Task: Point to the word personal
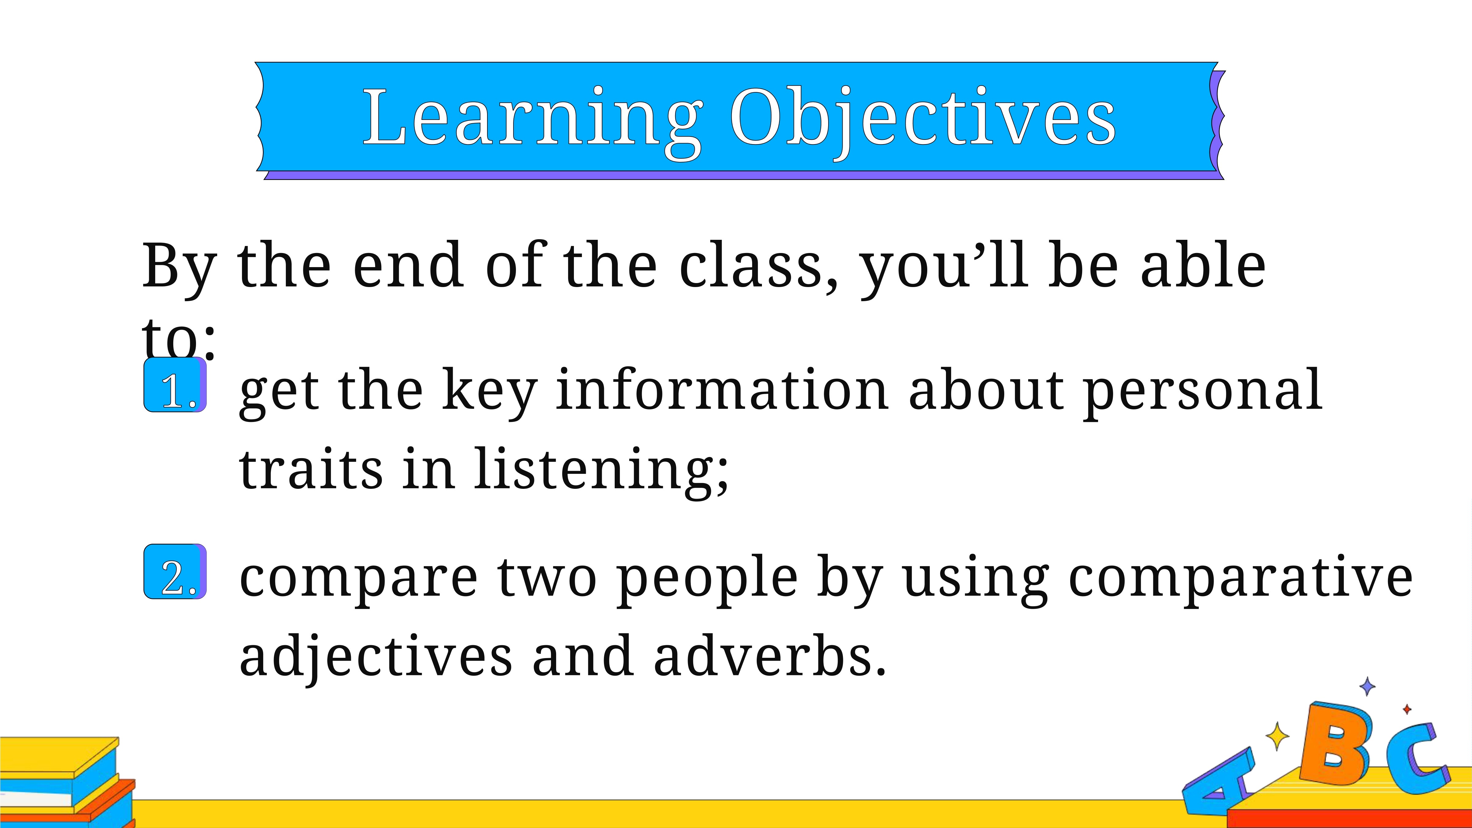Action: [1202, 394]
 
